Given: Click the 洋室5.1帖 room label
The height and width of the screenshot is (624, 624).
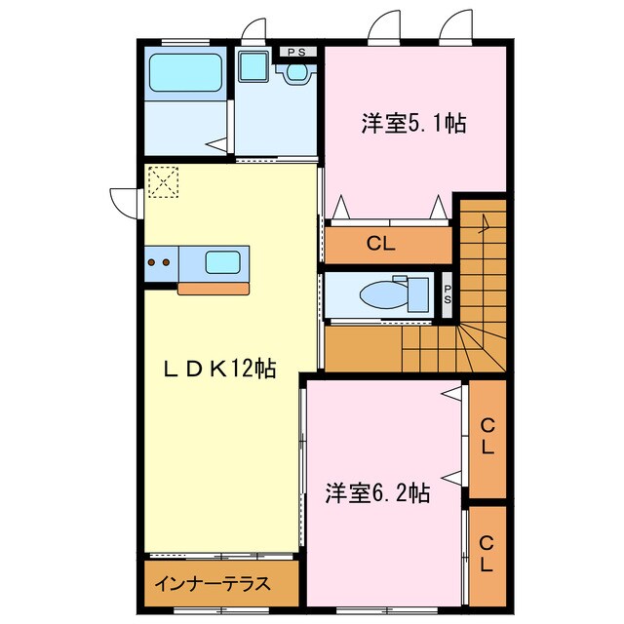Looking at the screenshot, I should pos(413,124).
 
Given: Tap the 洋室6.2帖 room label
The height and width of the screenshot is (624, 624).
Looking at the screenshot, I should pos(378,492).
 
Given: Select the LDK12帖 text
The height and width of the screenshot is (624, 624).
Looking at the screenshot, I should pos(218,368).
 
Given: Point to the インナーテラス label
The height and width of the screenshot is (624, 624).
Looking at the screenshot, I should pos(211,586).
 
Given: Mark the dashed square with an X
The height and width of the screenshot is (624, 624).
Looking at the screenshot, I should pos(164,181).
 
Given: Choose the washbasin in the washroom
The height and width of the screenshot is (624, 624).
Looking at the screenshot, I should pos(255,68).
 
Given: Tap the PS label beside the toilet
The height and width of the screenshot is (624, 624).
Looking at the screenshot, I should pos(447,294).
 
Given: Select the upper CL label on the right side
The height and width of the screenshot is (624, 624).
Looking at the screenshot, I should pos(487,439).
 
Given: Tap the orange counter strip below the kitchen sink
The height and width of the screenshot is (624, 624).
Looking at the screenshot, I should pos(213,288).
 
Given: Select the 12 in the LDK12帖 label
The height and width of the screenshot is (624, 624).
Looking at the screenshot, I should pos(244,368).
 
